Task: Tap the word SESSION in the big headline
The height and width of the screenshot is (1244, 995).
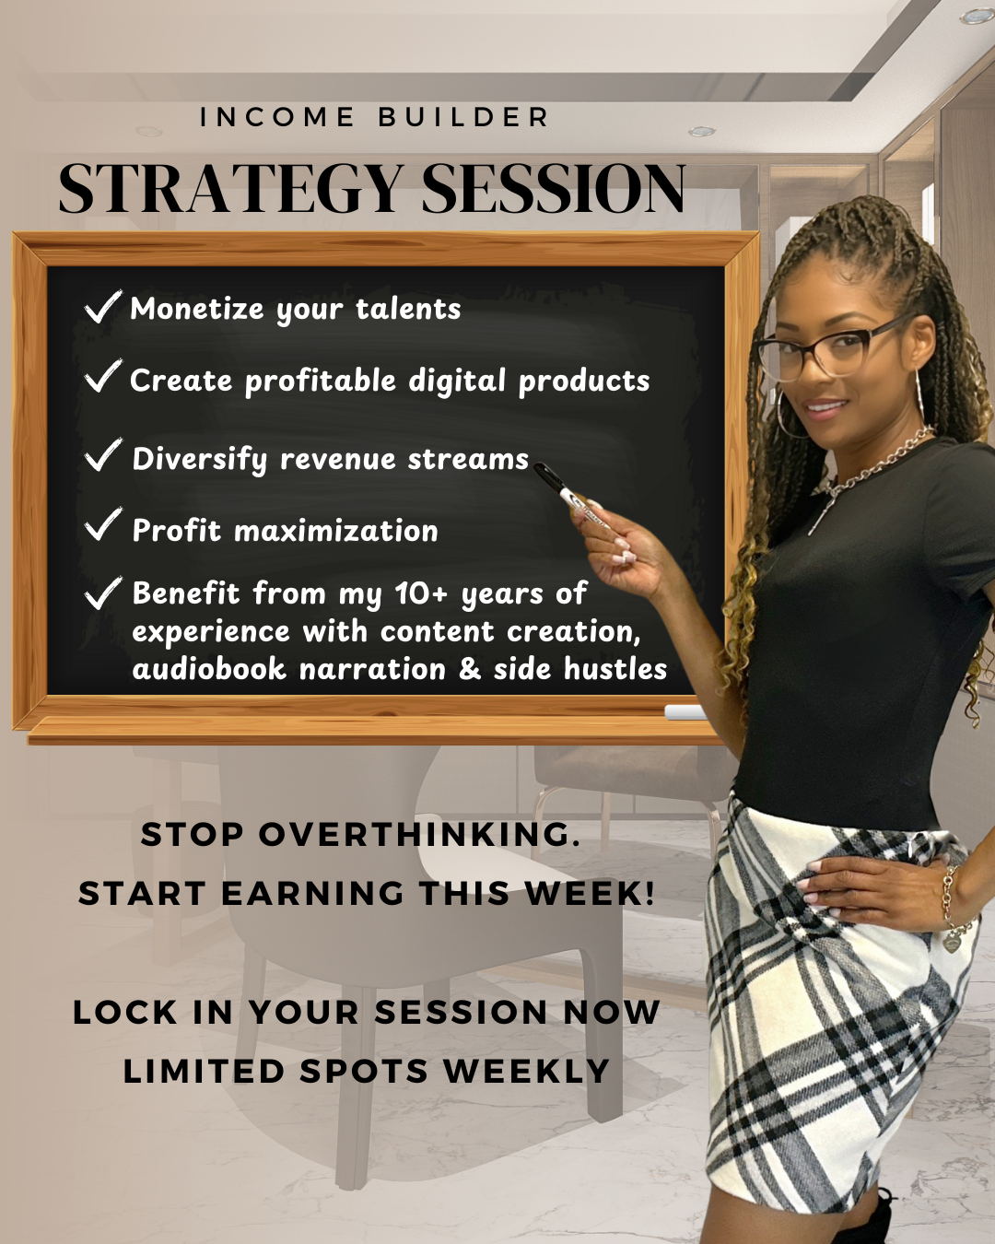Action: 553,189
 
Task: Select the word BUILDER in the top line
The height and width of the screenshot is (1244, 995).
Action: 463,118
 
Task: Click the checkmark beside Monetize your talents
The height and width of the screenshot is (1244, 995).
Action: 102,307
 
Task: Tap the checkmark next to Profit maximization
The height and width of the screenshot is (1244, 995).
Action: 102,524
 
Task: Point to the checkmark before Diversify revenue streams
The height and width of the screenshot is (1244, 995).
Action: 102,454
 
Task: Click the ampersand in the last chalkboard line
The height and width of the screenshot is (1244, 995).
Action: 470,669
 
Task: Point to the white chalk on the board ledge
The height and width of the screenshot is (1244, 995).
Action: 685,711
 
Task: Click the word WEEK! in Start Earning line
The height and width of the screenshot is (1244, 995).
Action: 590,894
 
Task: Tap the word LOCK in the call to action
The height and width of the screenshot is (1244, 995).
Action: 124,1013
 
